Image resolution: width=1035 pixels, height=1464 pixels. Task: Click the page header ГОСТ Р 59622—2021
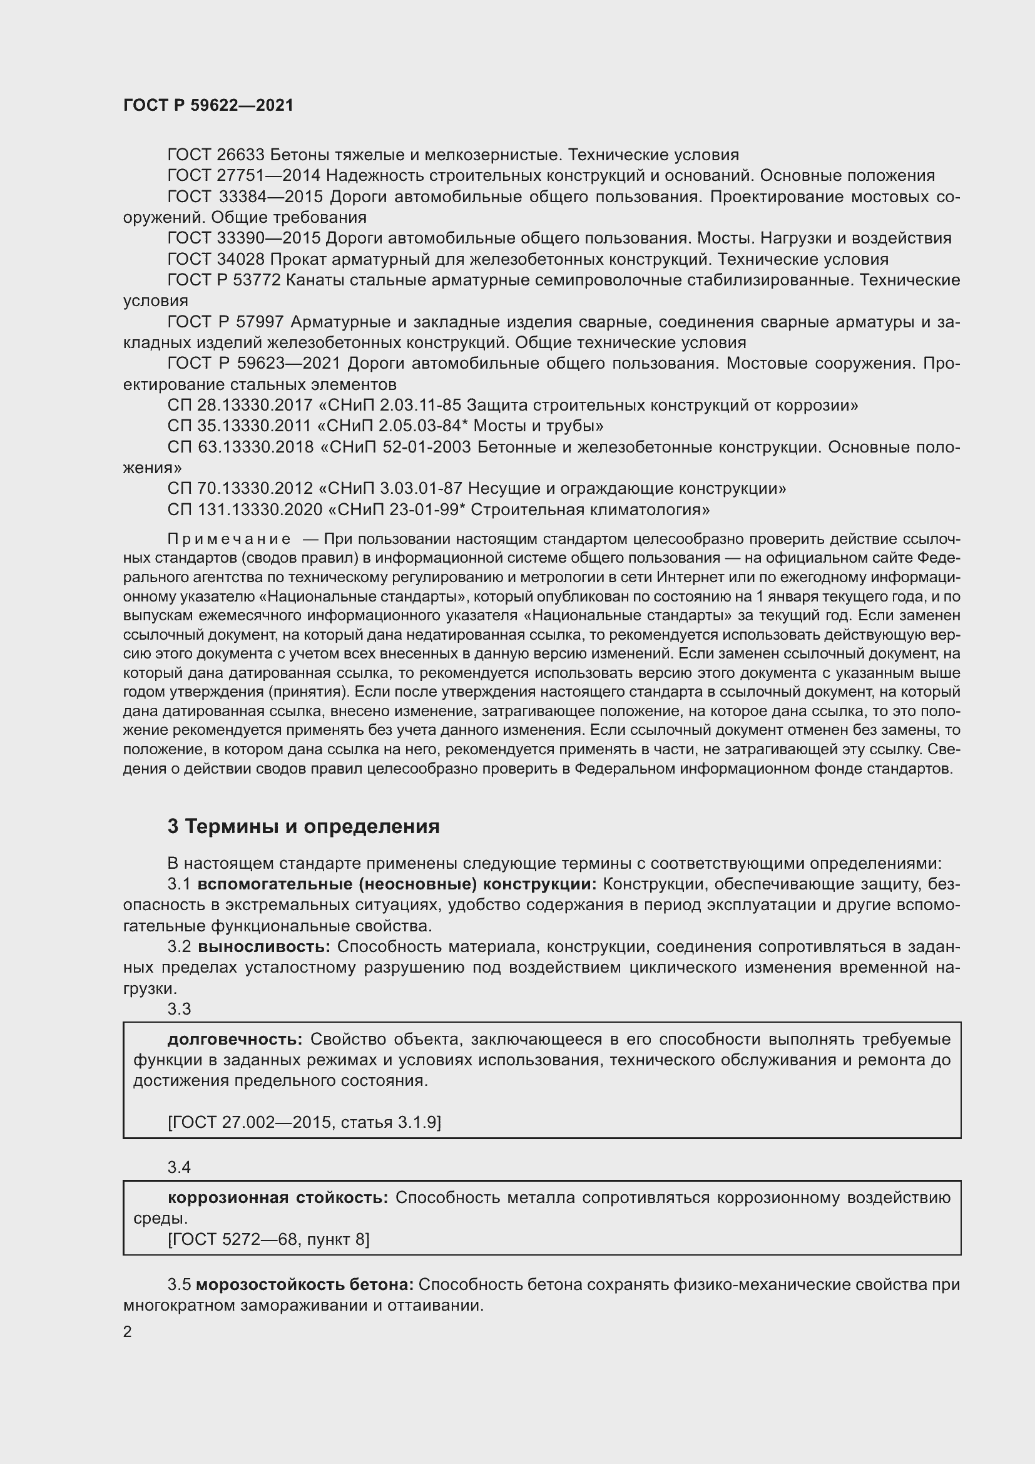click(208, 105)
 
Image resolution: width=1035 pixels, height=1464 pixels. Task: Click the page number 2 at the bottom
click(128, 1331)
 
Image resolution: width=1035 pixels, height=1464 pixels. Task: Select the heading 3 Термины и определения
click(303, 826)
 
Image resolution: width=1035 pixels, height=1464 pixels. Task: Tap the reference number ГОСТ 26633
click(216, 155)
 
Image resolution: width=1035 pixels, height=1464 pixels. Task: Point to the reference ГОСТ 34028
click(216, 259)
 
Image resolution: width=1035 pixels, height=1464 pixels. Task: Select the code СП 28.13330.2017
click(240, 405)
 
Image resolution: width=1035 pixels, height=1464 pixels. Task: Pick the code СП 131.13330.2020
click(245, 509)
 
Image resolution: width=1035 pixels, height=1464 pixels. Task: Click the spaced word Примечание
click(229, 540)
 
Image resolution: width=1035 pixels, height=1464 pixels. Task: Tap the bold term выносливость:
click(264, 947)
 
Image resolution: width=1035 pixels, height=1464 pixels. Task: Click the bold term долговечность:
click(235, 1040)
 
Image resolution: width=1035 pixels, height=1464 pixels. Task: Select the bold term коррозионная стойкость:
click(277, 1197)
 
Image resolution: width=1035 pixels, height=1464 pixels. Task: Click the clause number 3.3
click(179, 1009)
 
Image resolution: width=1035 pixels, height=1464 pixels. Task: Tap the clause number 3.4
click(179, 1167)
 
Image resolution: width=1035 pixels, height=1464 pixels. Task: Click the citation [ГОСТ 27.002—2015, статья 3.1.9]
click(304, 1122)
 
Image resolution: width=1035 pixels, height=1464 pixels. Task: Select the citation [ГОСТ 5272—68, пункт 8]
click(268, 1239)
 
